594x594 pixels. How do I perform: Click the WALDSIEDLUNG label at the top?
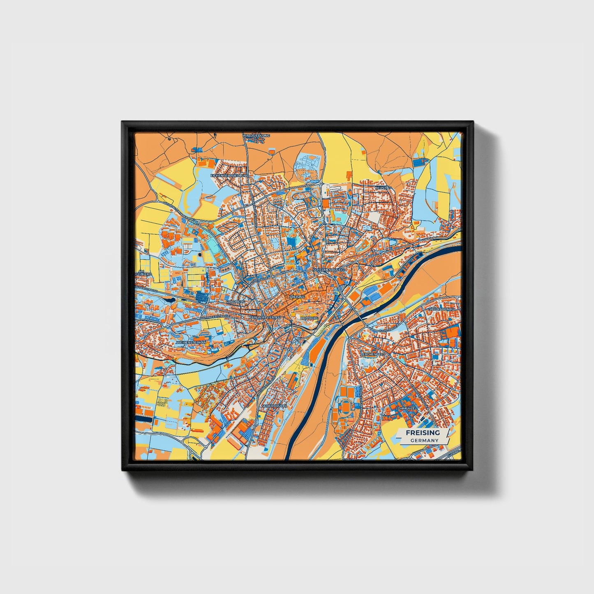tap(256, 135)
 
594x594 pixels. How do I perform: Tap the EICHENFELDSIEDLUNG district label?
tap(230, 176)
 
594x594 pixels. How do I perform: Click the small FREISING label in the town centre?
tap(297, 296)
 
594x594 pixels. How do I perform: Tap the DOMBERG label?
tap(309, 318)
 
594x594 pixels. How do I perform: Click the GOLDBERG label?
tap(236, 302)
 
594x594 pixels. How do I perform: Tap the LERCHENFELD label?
tap(373, 354)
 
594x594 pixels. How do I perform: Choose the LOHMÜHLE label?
tap(405, 408)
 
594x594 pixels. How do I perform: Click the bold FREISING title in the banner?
tap(423, 433)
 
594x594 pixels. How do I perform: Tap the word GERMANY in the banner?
tap(424, 440)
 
